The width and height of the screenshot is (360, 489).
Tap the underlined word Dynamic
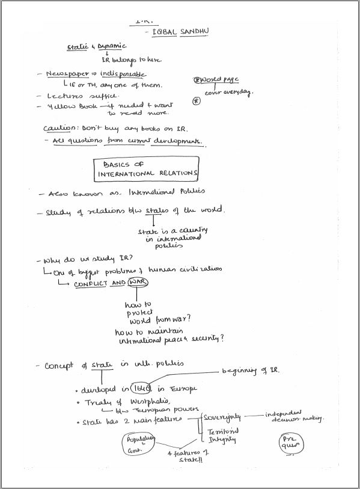(111, 46)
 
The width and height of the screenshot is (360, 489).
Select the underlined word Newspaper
(66, 74)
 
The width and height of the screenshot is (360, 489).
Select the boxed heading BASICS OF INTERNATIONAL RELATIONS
(147, 168)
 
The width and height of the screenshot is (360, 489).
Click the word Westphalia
(141, 402)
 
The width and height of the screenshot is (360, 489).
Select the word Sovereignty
(225, 417)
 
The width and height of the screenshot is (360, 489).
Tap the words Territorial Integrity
(222, 435)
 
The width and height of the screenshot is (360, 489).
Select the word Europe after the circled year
(184, 389)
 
